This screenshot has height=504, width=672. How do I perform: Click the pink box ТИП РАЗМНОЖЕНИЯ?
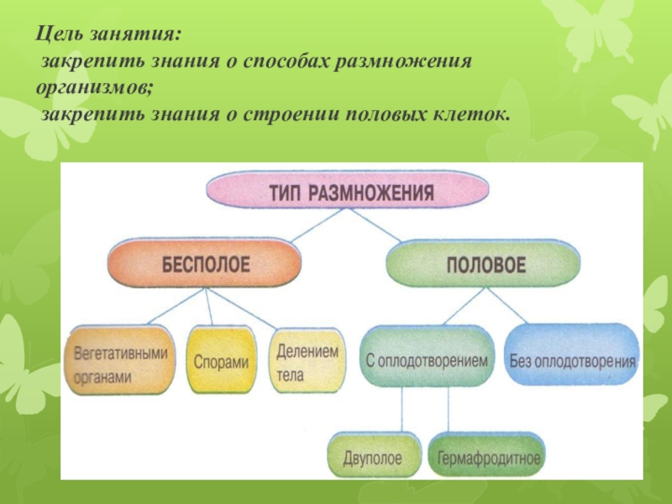[x=350, y=193]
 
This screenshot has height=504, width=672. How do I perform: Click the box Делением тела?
[x=307, y=362]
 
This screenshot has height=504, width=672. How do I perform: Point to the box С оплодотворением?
[x=426, y=360]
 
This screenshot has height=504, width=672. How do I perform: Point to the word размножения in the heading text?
[x=407, y=64]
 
